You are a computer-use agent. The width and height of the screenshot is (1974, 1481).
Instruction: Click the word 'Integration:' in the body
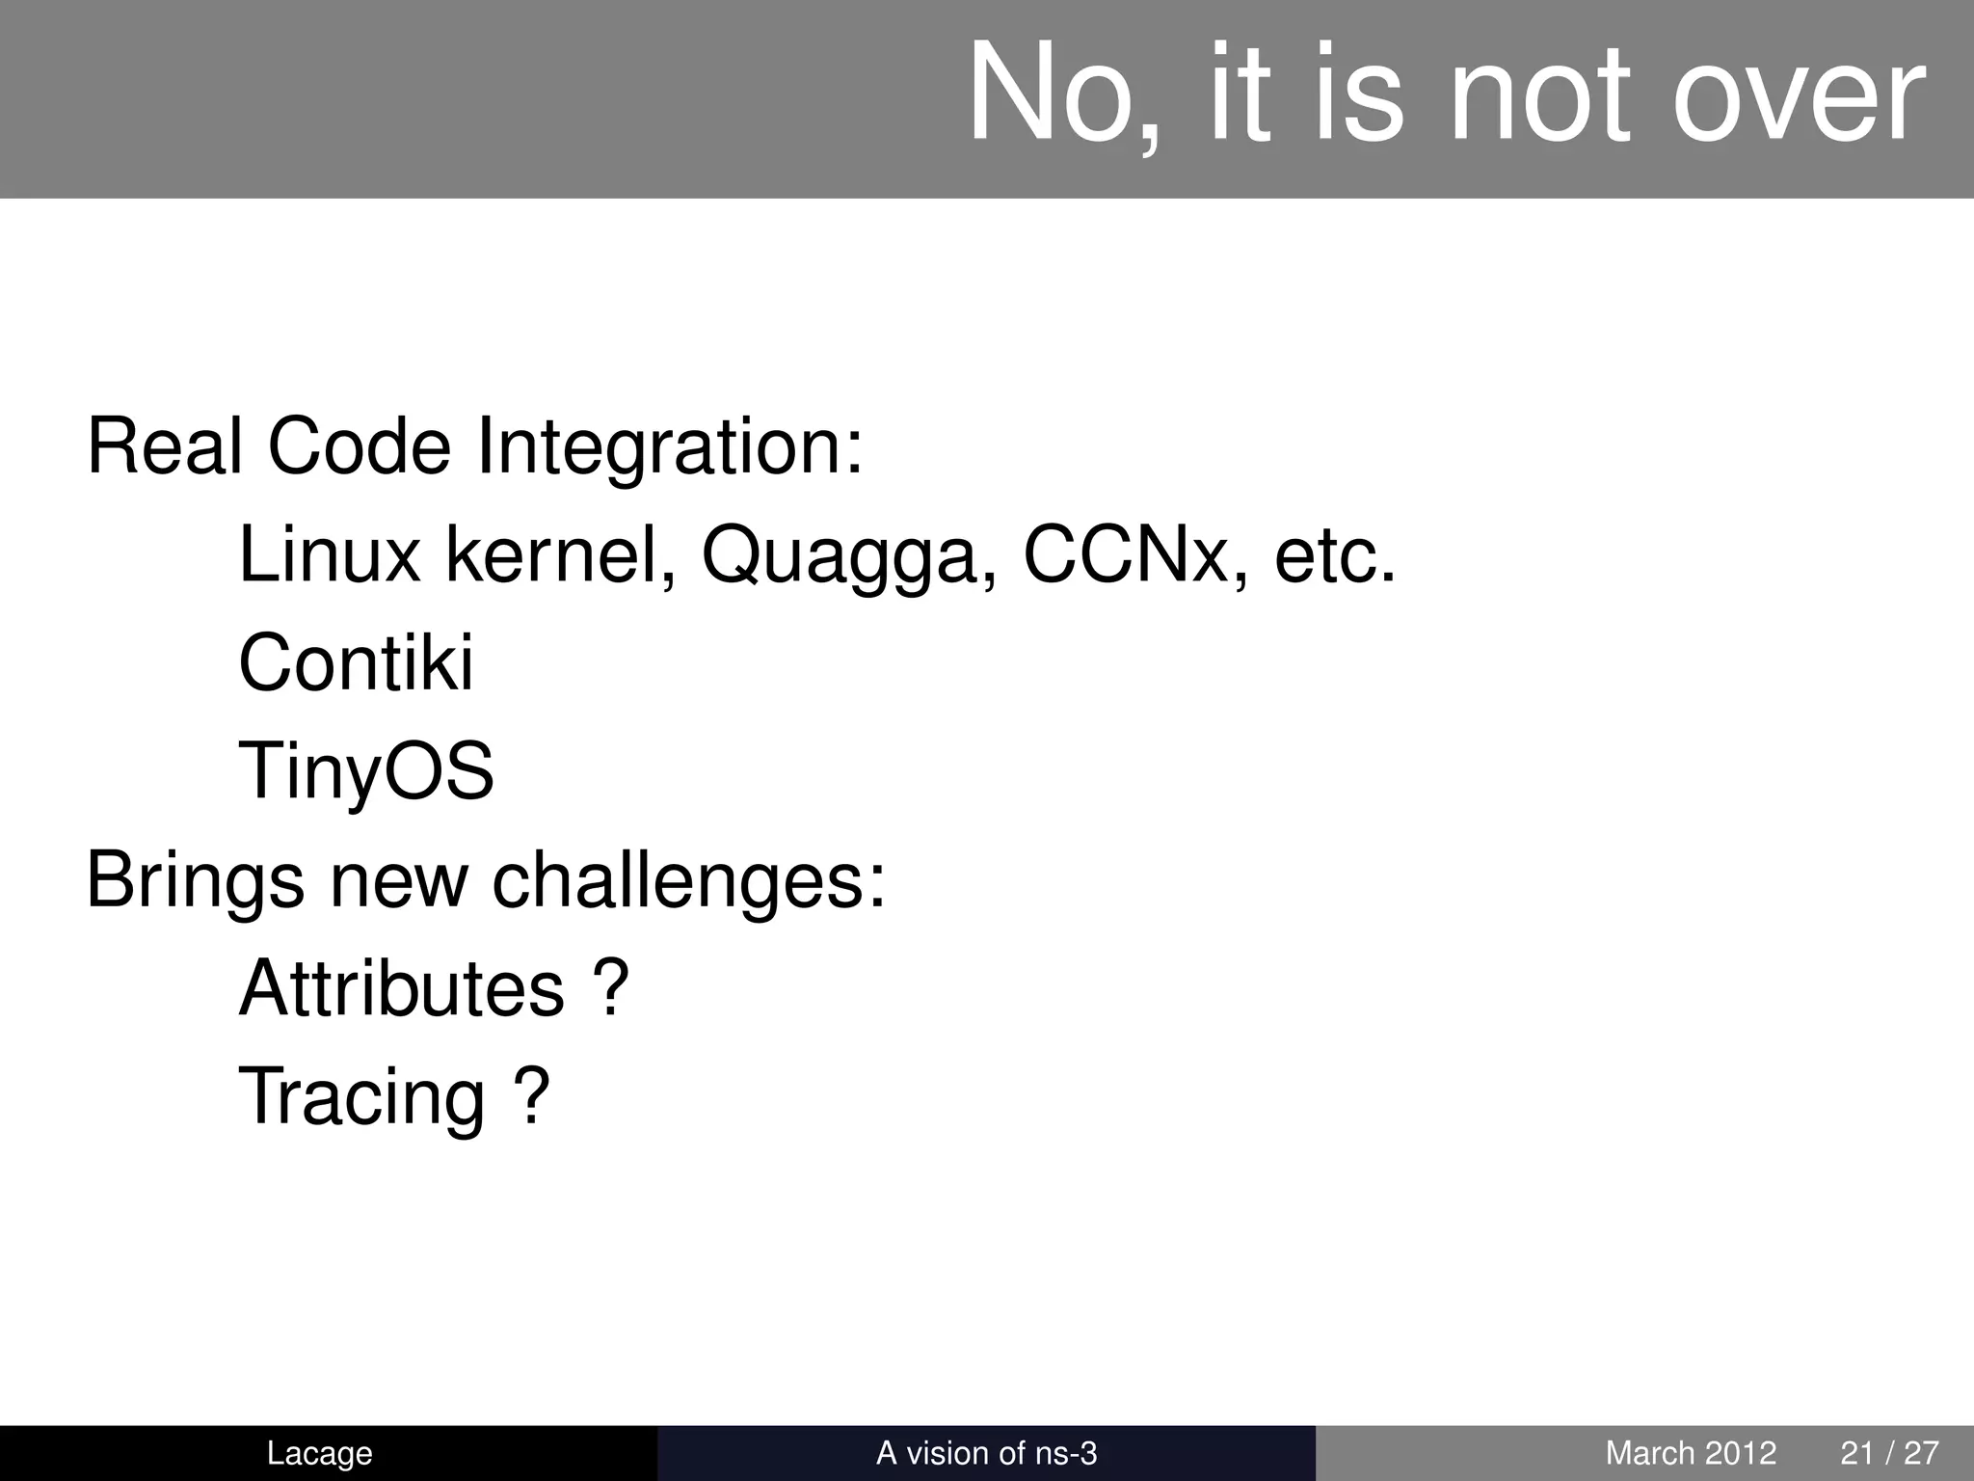tap(670, 448)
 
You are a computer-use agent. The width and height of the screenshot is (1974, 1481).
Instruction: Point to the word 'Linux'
tap(329, 555)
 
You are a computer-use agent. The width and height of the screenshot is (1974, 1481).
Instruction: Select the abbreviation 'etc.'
tap(1335, 557)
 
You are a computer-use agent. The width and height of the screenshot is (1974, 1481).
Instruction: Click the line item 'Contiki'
tap(356, 663)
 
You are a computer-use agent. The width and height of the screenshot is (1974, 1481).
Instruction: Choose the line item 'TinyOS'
tap(366, 773)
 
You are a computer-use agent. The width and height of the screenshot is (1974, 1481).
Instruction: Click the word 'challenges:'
tap(688, 881)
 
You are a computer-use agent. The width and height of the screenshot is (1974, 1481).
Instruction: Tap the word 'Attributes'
tap(401, 988)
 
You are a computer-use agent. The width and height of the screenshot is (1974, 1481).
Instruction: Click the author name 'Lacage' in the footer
tap(319, 1453)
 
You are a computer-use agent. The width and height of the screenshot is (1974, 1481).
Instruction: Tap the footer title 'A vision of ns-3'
tap(986, 1453)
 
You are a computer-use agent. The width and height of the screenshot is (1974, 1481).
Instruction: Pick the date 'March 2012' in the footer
tap(1691, 1453)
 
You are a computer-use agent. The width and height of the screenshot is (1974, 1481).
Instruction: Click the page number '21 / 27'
tap(1889, 1453)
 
